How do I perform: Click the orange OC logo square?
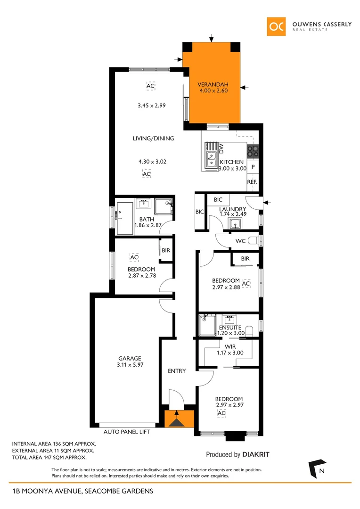pyautogui.click(x=276, y=26)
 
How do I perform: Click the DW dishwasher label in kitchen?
pyautogui.click(x=221, y=149)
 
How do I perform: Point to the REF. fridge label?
pyautogui.click(x=252, y=181)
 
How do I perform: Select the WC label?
pyautogui.click(x=240, y=241)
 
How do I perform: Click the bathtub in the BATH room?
pyautogui.click(x=125, y=218)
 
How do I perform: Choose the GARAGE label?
pyautogui.click(x=129, y=359)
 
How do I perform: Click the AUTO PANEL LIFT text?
pyautogui.click(x=127, y=431)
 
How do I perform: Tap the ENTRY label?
pyautogui.click(x=177, y=371)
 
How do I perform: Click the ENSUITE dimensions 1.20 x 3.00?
pyautogui.click(x=230, y=334)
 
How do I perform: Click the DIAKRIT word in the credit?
pyautogui.click(x=256, y=455)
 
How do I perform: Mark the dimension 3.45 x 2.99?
pyautogui.click(x=152, y=106)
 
